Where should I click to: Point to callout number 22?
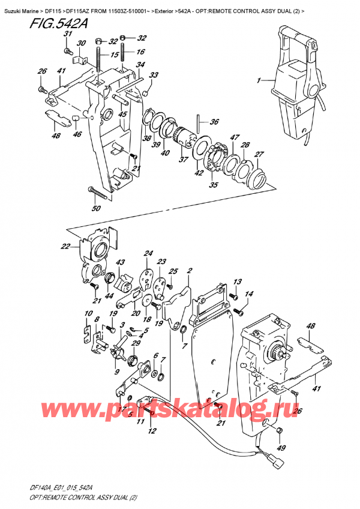(65, 246)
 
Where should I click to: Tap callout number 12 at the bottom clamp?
(152, 430)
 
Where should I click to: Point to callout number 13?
(237, 282)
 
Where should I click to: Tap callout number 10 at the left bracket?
(88, 314)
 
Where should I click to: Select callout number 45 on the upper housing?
(122, 115)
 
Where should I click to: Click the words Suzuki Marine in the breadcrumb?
(20, 5)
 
